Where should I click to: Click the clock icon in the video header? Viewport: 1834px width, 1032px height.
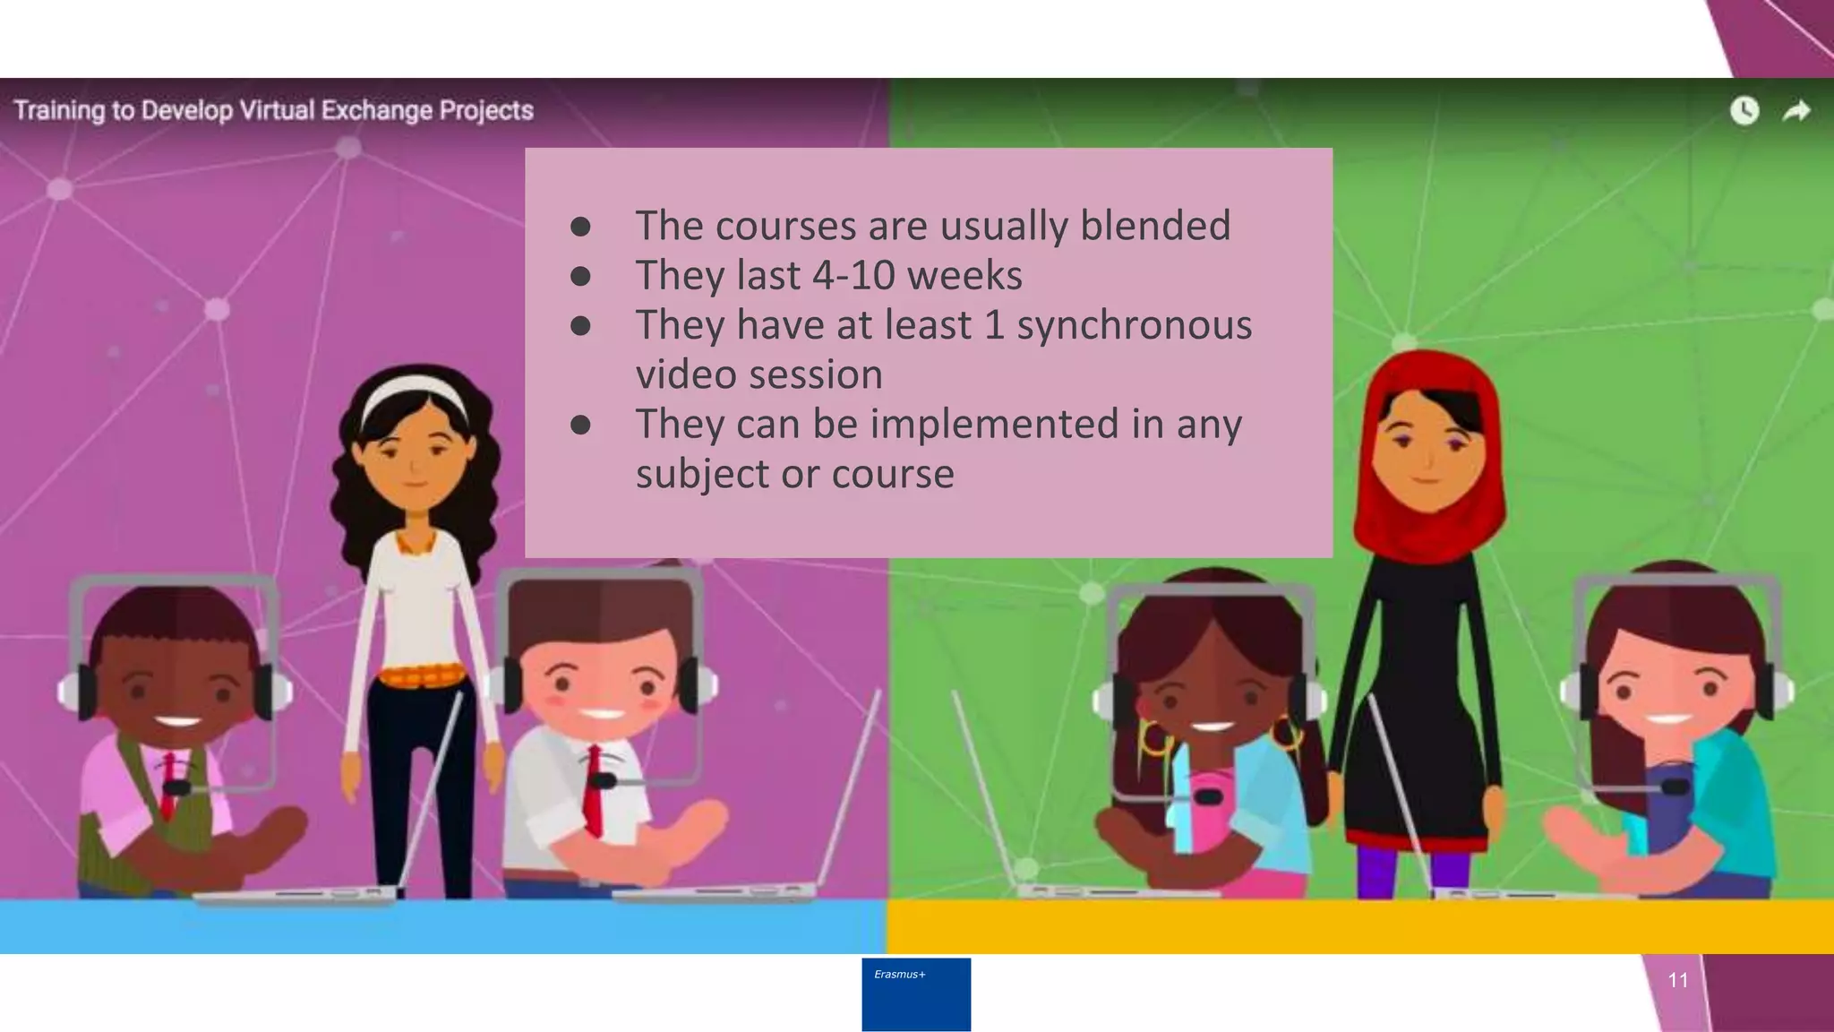pos(1744,111)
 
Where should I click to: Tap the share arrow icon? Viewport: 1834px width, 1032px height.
pos(1796,111)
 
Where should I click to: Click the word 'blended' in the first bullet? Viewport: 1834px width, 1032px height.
pos(1155,225)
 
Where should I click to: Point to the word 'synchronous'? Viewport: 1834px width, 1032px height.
pos(1135,324)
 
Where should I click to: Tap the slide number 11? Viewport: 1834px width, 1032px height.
pos(1678,980)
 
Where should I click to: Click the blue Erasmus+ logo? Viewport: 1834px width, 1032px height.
pos(916,994)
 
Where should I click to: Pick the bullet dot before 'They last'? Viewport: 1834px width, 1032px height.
pos(580,276)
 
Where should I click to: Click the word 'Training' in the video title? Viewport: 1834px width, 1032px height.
pos(58,110)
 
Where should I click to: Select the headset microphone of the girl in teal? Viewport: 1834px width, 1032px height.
pos(1675,787)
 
